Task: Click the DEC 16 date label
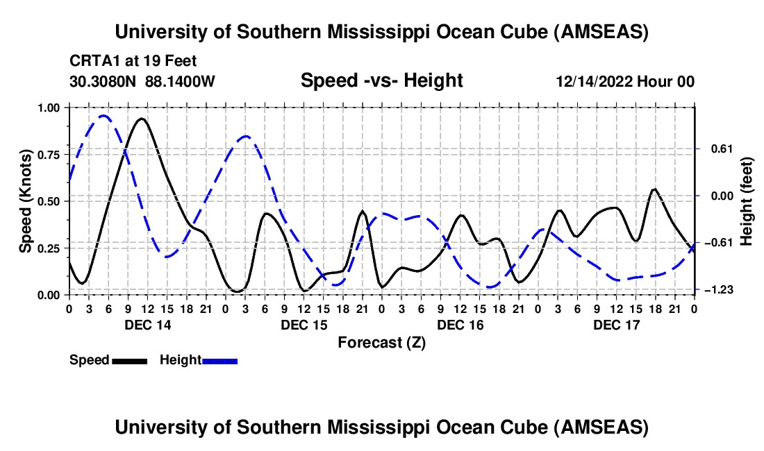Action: [460, 325]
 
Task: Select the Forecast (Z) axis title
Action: [381, 342]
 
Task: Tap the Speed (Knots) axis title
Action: [25, 201]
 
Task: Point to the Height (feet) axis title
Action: [747, 201]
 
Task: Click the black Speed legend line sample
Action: [129, 360]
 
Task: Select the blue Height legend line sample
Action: [219, 360]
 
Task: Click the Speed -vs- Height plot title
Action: [381, 80]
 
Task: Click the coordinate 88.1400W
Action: [180, 82]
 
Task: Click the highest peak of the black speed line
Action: [142, 119]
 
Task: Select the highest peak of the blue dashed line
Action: [103, 116]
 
